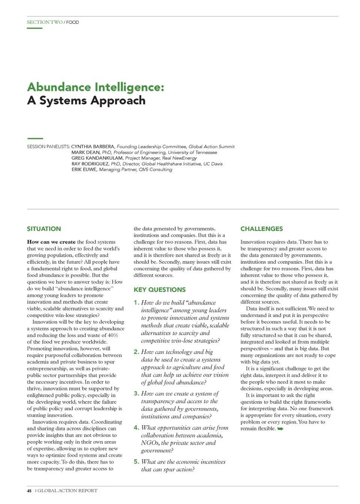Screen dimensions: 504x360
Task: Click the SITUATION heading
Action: click(44, 229)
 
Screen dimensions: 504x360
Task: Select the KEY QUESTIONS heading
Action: click(160, 290)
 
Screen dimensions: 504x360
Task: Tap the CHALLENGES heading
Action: click(262, 229)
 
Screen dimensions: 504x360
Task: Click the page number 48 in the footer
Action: click(29, 491)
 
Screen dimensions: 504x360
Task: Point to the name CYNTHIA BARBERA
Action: click(93, 147)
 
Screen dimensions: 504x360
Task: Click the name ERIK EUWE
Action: click(84, 170)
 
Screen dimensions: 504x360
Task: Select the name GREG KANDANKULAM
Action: click(97, 158)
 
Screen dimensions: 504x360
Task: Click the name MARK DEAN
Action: click(86, 153)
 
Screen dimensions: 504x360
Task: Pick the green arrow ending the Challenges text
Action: click(280, 429)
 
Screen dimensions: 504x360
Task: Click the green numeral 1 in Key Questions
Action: click(136, 302)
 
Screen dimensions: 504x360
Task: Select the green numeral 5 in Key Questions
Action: click(136, 462)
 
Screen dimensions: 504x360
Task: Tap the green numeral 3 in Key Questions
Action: click(136, 393)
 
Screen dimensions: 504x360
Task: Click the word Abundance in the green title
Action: click(59, 87)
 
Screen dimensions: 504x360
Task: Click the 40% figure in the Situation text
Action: click(113, 335)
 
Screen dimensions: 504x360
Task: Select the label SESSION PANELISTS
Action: click(48, 147)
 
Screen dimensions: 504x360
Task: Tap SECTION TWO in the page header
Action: click(45, 22)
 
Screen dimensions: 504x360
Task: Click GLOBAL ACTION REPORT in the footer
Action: click(67, 491)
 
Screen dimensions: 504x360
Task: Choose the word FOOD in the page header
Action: click(73, 22)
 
